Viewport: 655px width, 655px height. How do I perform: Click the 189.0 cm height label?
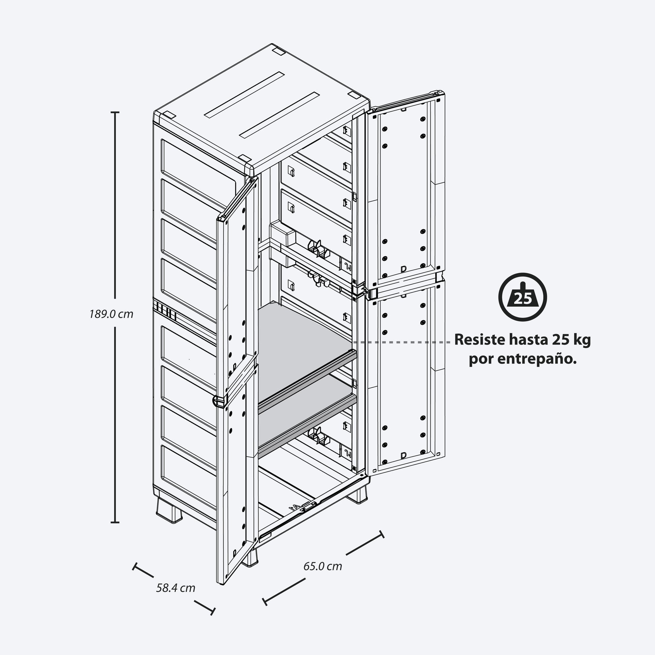111,314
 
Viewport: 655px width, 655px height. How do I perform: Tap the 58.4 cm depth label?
176,588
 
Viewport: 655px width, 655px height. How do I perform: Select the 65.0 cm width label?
322,566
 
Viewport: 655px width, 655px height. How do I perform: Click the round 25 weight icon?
522,297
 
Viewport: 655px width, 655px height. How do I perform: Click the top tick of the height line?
115,112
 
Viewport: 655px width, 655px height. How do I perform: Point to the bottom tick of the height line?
115,522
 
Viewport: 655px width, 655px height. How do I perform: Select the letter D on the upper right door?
404,269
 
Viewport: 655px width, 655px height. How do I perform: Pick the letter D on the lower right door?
404,455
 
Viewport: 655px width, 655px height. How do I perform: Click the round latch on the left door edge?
216,401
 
